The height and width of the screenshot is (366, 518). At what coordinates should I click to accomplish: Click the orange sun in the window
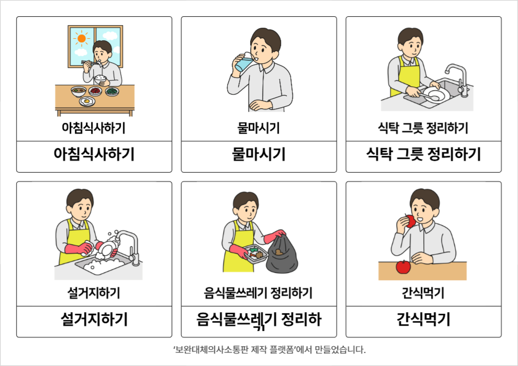coord(82,39)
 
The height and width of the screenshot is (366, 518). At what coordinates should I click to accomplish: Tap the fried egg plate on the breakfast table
coord(87,101)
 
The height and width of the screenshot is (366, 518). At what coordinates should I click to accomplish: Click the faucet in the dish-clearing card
coord(457,79)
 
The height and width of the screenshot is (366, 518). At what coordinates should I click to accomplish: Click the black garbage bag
coord(281,253)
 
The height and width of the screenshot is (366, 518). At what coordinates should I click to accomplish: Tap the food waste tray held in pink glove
coord(255,253)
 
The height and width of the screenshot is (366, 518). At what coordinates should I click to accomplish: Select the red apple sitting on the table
coord(403,267)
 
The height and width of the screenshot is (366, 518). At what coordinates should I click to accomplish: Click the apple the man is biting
coord(410,221)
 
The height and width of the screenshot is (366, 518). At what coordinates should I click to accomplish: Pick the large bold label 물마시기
coord(258,154)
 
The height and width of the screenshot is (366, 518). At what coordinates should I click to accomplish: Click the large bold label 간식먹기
coord(423,319)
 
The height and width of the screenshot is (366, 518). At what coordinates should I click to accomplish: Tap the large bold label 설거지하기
coord(94,319)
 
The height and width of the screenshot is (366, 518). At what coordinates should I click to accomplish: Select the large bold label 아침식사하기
coord(94,154)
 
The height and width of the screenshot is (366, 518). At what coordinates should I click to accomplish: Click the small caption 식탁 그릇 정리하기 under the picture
coord(423,128)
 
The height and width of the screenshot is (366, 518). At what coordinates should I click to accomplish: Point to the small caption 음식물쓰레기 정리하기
coord(258,293)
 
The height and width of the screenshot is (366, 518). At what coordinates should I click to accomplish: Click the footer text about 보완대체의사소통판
coord(269,349)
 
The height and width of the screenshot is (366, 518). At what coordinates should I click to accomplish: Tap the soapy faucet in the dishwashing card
coord(127,246)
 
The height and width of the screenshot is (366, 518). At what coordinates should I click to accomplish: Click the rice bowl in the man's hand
coord(100,79)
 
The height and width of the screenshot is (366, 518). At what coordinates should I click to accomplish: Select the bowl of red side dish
coord(95,91)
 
